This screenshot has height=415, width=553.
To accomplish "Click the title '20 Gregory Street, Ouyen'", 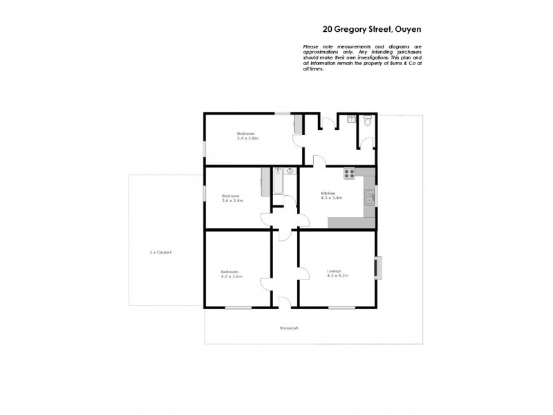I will (x=372, y=30).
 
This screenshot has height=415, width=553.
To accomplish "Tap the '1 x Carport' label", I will (x=160, y=252).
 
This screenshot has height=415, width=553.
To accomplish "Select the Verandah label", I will (x=289, y=328).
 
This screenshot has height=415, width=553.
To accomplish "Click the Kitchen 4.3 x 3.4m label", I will (x=328, y=195).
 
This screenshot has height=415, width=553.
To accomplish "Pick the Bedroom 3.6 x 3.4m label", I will (x=232, y=199).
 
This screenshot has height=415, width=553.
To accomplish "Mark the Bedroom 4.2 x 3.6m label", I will (x=232, y=274).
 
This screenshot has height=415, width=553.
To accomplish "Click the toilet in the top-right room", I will (x=367, y=121).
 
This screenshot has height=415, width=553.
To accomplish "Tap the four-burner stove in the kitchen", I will (x=349, y=173).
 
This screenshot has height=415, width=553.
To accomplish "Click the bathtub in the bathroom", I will (x=278, y=183).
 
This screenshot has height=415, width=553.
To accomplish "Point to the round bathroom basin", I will (x=290, y=170).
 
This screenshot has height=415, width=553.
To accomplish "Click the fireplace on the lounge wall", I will (x=377, y=268).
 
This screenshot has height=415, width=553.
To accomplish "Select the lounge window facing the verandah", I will (x=339, y=307).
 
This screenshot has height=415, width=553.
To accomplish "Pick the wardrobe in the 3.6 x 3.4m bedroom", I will (x=263, y=183).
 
